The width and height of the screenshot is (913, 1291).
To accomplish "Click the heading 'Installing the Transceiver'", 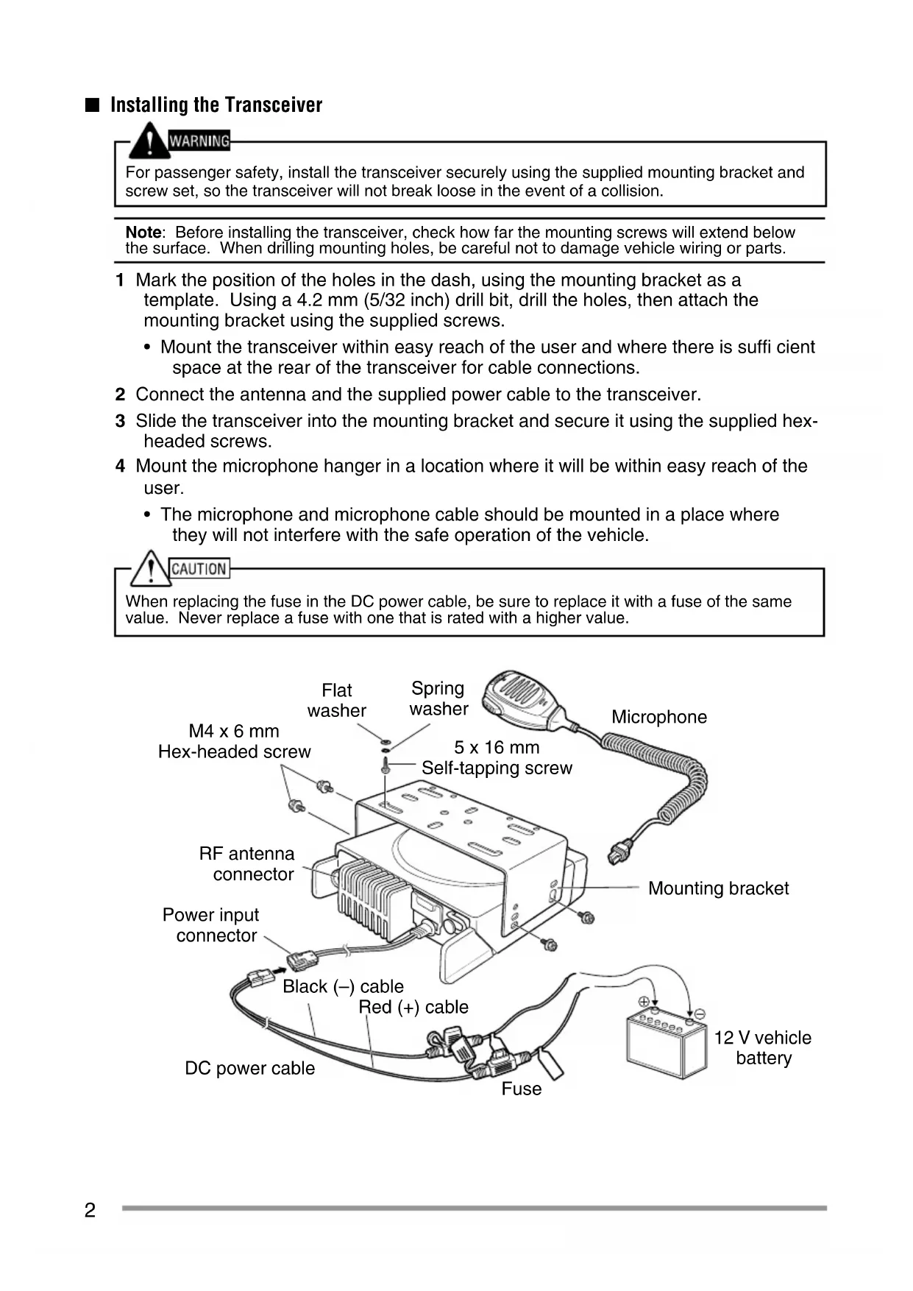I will coord(216,105).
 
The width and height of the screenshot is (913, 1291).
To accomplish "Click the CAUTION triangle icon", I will coord(150,568).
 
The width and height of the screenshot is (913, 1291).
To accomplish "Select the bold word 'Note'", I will coord(143,233).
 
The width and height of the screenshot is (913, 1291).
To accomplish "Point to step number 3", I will coord(120,421).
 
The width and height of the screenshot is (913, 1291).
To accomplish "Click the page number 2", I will coord(90,1210).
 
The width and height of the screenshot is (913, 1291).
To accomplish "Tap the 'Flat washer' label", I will coord(337,701).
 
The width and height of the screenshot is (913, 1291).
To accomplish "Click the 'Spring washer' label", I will coord(438,698).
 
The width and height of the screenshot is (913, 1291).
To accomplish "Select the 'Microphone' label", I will coord(658,717).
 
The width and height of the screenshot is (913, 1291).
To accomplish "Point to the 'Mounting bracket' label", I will coord(718,888).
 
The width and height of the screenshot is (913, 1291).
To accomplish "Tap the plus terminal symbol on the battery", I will coord(644,1002).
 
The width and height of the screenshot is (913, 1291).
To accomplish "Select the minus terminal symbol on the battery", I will coord(700,1014).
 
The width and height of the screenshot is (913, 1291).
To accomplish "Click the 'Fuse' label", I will coord(521,1089).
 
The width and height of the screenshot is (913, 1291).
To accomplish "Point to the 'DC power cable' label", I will coord(249,1068).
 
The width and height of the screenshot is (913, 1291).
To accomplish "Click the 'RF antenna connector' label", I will coord(247,864).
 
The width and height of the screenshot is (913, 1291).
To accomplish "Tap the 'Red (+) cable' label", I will coord(413,1007).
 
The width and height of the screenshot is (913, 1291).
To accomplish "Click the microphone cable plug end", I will coord(619,853).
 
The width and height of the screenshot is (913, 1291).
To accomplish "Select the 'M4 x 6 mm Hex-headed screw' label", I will coord(234,741).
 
